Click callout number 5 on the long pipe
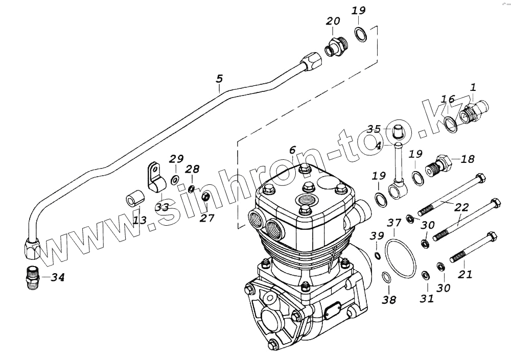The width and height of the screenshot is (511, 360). coord(219,79)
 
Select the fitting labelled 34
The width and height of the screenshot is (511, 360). coord(33,279)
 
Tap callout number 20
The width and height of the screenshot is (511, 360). coord(333,21)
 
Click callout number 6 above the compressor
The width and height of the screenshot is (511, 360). coord(292,150)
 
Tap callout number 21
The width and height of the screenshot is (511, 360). coord(465,274)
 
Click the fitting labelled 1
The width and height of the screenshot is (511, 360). coord(474,112)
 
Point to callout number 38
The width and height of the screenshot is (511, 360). coord(389,300)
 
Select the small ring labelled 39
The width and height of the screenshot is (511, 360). coord(377,255)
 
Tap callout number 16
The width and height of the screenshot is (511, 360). coord(448,99)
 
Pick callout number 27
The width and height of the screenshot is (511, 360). coord(207,218)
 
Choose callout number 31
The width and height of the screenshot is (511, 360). coord(427,298)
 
